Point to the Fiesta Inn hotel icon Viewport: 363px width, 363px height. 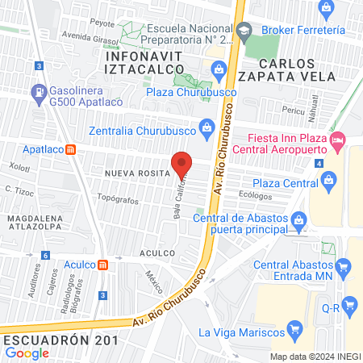(x=338, y=143)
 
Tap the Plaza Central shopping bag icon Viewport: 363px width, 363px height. (x=328, y=183)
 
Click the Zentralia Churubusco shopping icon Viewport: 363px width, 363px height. (x=207, y=126)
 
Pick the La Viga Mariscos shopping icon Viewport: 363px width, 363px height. (x=295, y=329)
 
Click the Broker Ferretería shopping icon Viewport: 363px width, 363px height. (x=326, y=9)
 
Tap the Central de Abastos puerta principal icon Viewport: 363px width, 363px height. (x=298, y=219)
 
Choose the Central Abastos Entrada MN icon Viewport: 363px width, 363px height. (x=345, y=265)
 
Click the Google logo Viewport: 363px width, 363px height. (x=27, y=353)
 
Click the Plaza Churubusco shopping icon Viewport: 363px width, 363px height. (x=219, y=73)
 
